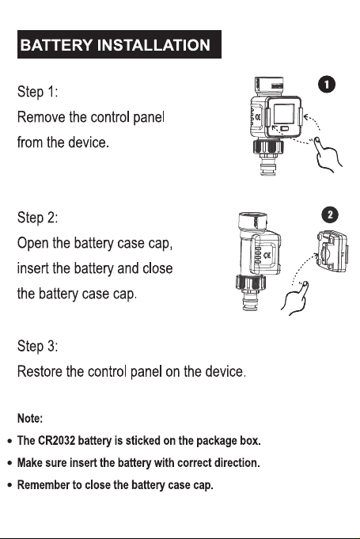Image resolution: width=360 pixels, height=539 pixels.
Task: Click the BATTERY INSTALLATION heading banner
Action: click(x=119, y=44)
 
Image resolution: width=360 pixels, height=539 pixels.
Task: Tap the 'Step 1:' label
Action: click(x=37, y=92)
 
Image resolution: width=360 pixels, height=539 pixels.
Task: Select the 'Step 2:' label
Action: click(x=37, y=218)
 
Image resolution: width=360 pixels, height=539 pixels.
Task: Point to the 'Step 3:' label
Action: click(x=37, y=346)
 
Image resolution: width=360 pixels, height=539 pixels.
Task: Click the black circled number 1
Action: click(x=326, y=85)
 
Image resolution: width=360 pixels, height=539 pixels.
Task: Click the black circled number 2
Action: click(x=330, y=214)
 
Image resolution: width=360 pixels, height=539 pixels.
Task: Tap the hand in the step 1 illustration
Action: click(x=328, y=154)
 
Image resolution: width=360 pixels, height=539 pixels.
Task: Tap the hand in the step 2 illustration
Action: click(x=296, y=298)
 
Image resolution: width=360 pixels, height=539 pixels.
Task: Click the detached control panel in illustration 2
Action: click(x=332, y=252)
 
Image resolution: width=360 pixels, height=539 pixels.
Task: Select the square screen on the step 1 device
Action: click(x=284, y=115)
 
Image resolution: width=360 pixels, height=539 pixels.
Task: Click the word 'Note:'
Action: click(x=30, y=419)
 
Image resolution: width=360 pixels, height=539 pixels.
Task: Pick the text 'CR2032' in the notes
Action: click(x=56, y=440)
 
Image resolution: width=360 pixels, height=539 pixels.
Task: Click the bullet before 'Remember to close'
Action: click(x=10, y=485)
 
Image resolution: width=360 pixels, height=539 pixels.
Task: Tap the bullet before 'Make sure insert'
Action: click(x=10, y=463)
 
